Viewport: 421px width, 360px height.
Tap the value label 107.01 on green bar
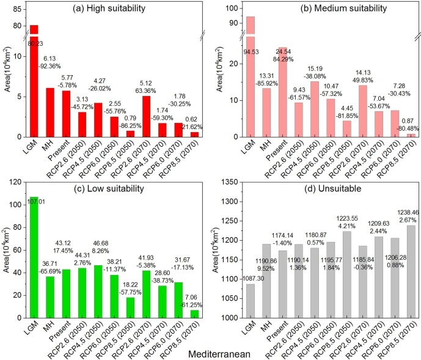(x=34, y=200)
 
